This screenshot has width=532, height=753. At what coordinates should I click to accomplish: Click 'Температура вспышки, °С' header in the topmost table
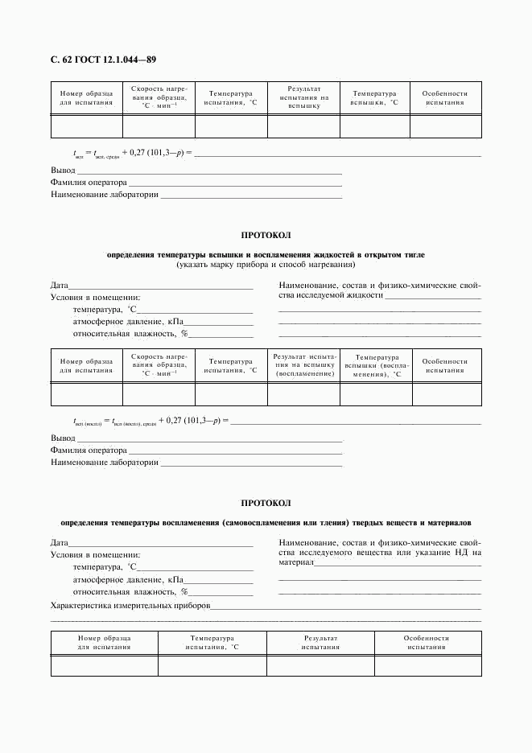click(374, 98)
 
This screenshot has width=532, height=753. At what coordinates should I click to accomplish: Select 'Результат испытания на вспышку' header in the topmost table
click(303, 97)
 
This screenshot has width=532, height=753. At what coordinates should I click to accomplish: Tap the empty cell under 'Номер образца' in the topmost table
click(86, 127)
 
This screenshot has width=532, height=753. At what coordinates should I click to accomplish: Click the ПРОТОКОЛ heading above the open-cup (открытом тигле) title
click(266, 235)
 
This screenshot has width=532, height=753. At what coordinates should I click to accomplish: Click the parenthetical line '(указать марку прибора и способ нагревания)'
click(266, 265)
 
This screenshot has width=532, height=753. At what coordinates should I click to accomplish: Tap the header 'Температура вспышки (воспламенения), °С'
click(374, 365)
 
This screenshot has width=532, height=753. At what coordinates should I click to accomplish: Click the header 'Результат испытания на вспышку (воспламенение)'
click(303, 365)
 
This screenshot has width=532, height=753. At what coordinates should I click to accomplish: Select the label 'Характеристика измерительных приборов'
click(130, 605)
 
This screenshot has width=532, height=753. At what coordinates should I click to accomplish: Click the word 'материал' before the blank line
click(295, 563)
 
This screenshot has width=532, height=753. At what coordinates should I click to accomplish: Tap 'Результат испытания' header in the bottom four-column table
click(320, 642)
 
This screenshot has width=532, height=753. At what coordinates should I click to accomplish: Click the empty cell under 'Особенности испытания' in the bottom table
click(427, 666)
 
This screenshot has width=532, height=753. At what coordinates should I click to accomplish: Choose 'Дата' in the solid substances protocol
click(59, 543)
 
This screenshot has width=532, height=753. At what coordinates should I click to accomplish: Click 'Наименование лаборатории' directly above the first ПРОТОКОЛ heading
click(104, 195)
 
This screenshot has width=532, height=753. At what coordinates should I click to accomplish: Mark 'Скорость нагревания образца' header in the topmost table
click(159, 97)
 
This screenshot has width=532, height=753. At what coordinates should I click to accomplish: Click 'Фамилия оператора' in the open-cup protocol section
click(89, 451)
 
